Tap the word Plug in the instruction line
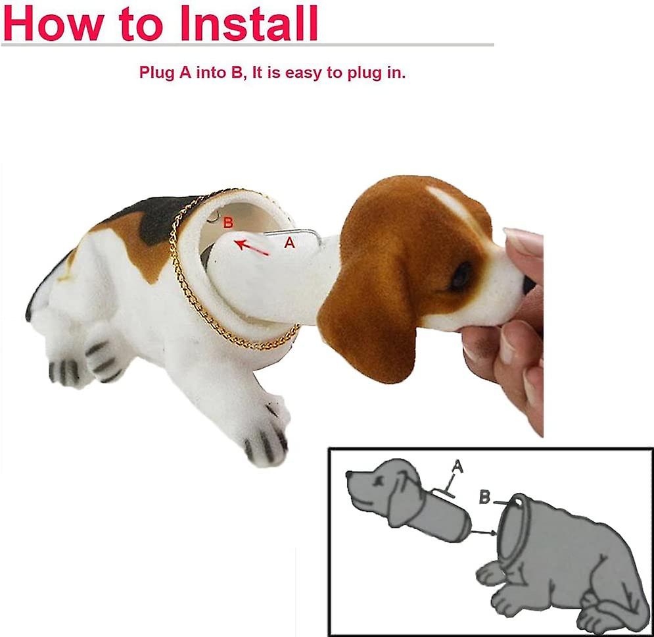pos(157,72)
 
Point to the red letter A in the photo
pos(289,242)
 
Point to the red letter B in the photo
pos(228,223)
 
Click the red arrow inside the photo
pos(253,247)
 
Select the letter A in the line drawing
pos(458,467)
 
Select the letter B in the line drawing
pos(485,497)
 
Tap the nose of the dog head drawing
pos(350,474)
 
